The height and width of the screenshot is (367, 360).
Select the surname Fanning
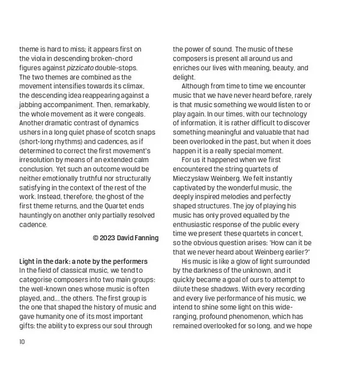[x=145, y=238]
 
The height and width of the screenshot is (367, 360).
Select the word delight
[x=184, y=78]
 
